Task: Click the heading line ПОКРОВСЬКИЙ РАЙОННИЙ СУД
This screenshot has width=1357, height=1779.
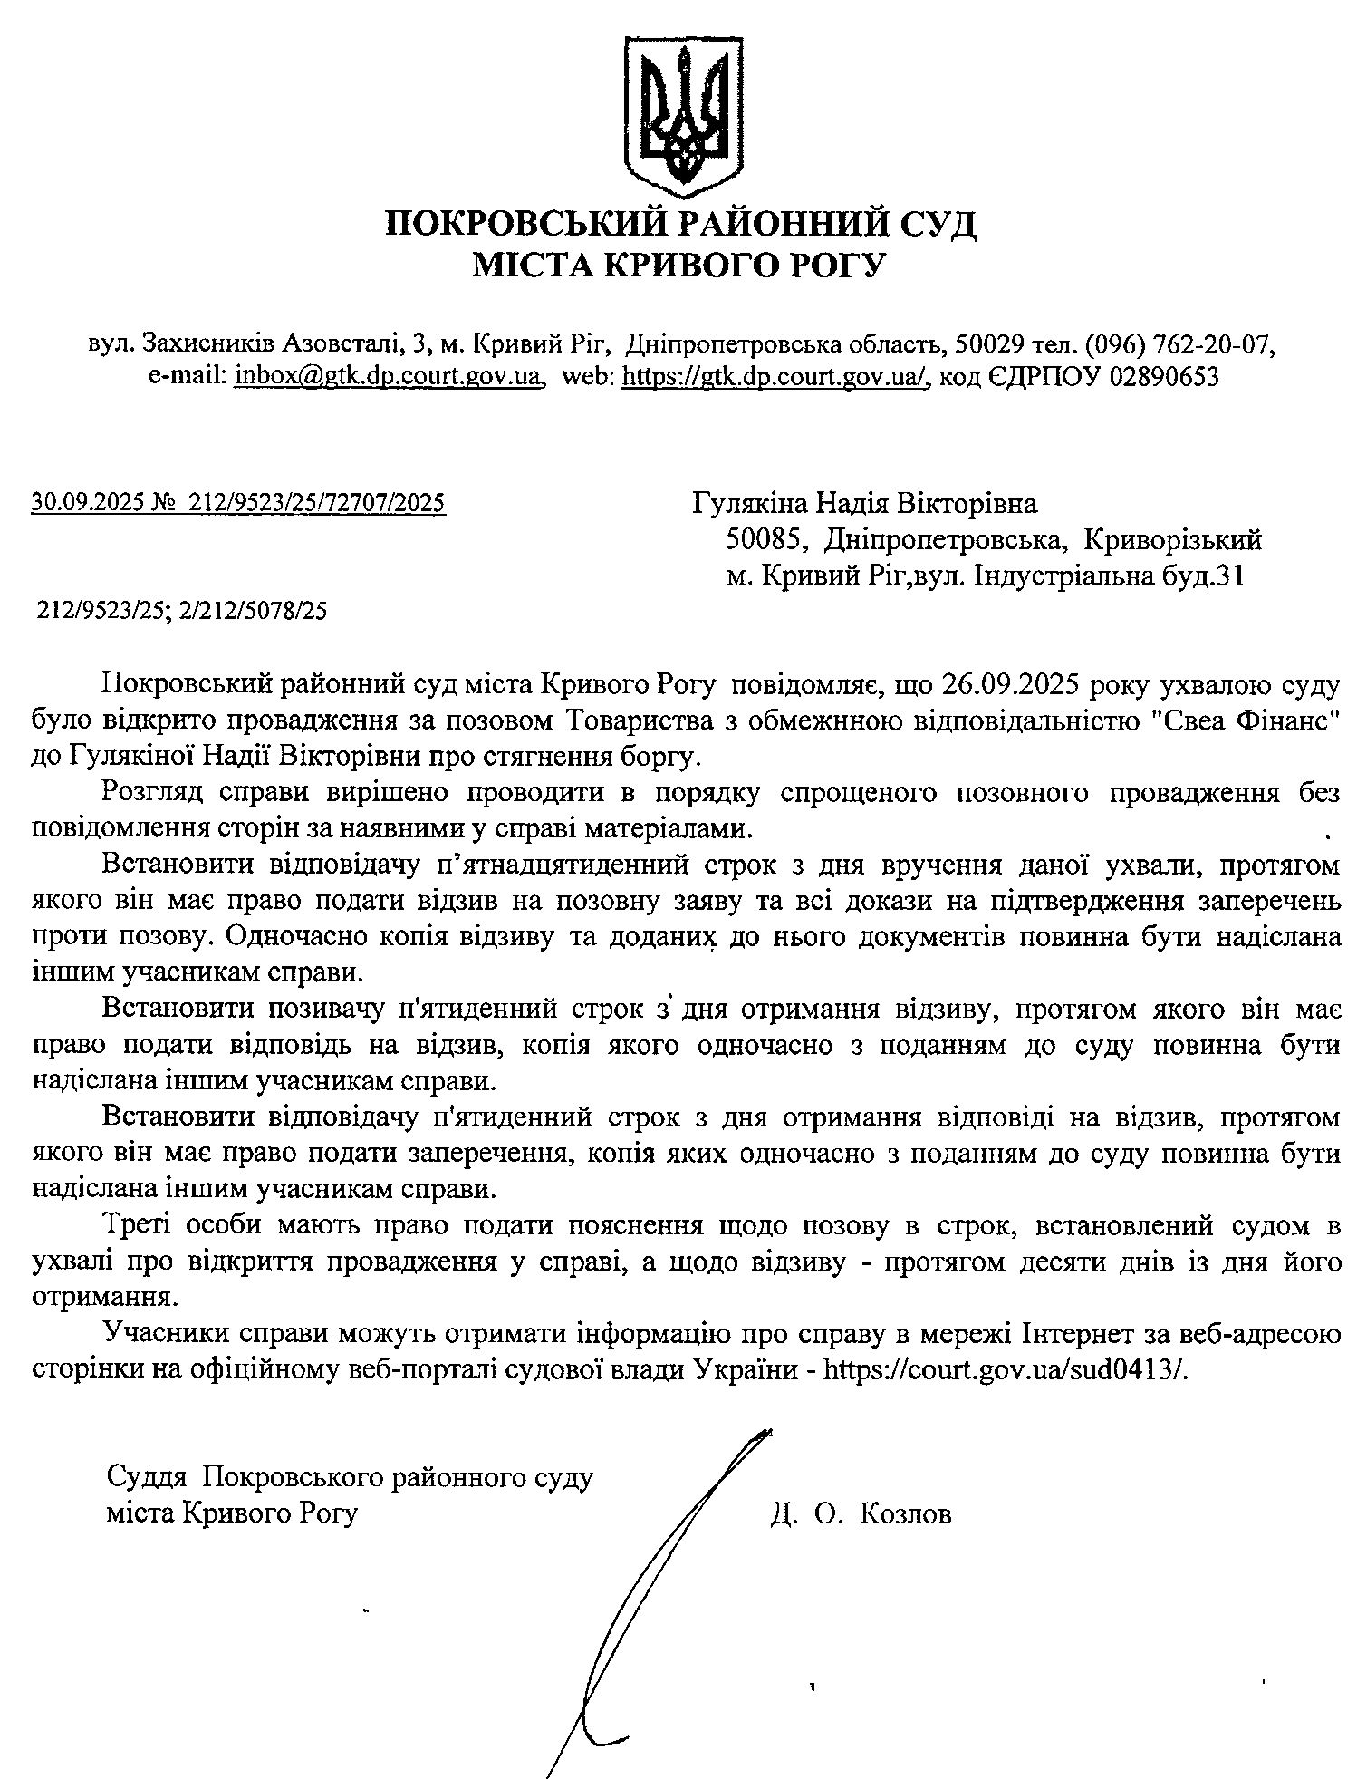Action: [680, 222]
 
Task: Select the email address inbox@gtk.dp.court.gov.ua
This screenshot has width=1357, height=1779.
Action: [388, 376]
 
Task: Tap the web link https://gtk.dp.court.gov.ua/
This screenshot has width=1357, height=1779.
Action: [775, 376]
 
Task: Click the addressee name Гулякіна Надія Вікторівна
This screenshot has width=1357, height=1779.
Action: [864, 502]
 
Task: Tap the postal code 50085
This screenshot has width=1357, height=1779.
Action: [766, 540]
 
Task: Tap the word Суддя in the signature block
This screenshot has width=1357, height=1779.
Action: [146, 1476]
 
